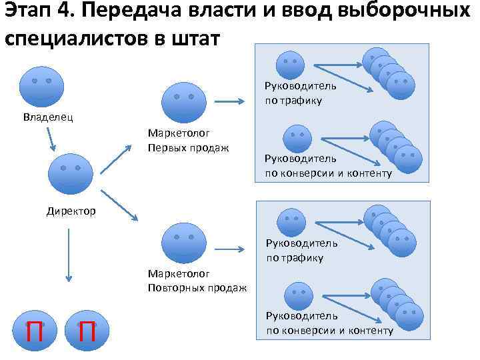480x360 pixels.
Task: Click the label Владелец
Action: tap(49, 118)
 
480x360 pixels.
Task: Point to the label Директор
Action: tap(71, 211)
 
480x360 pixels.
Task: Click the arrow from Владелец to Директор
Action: tap(53, 139)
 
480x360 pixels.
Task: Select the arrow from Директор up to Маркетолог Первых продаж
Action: tap(118, 160)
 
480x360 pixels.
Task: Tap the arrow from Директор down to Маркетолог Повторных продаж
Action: tap(120, 205)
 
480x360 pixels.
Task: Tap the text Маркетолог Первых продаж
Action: tap(189, 139)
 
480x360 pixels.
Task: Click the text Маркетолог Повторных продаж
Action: tap(197, 280)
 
